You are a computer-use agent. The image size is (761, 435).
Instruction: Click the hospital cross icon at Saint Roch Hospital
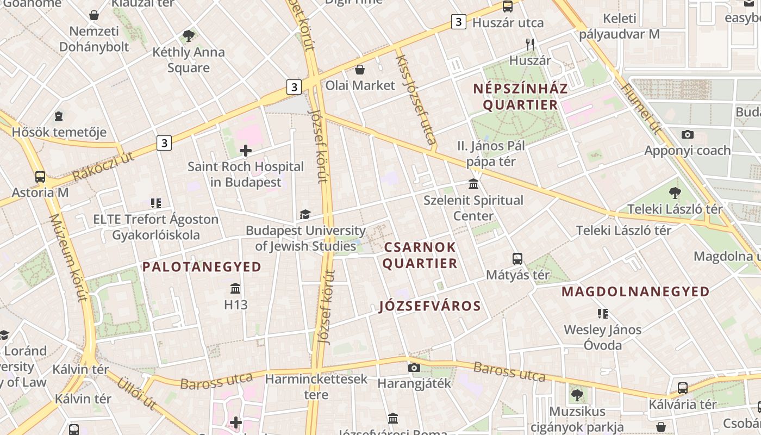tap(246, 151)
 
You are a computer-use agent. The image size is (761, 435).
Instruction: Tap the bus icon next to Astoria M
tap(40, 177)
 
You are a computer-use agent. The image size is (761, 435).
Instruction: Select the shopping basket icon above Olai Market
tap(359, 70)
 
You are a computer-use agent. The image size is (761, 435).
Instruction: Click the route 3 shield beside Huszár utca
tap(459, 22)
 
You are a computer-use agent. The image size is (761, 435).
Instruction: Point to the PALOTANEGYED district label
tap(202, 267)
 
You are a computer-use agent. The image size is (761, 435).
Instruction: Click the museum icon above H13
tap(235, 288)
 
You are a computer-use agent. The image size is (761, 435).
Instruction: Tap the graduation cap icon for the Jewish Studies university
tap(305, 215)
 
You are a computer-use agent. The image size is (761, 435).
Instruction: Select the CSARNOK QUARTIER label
tap(420, 255)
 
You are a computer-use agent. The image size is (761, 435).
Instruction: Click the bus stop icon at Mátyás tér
tap(517, 258)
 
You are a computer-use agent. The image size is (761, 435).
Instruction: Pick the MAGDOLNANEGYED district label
tap(635, 291)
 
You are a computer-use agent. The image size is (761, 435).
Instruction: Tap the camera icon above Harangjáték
tap(414, 368)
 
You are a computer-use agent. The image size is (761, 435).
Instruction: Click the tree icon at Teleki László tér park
tap(675, 192)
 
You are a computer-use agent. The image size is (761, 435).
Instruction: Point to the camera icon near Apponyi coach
tap(687, 134)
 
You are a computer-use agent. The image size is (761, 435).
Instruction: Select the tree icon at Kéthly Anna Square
tap(189, 36)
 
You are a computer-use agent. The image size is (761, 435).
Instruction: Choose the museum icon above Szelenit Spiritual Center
tap(473, 184)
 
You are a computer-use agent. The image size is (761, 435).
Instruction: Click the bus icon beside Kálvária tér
tap(683, 388)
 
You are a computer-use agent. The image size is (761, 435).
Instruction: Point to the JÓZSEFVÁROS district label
tap(430, 306)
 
